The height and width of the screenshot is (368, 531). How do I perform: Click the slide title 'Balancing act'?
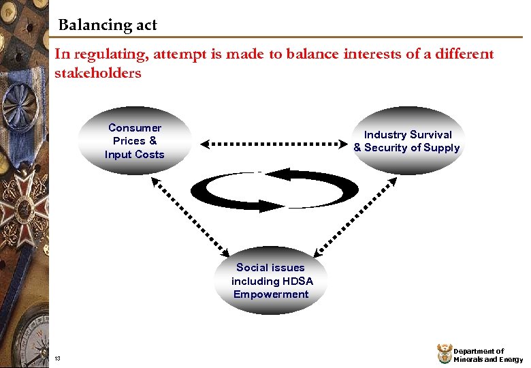[108, 26]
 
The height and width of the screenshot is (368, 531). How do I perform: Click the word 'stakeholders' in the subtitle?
[97, 73]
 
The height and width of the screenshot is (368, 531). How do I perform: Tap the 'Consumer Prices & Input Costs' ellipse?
[135, 141]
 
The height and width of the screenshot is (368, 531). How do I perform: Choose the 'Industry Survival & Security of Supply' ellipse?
[407, 141]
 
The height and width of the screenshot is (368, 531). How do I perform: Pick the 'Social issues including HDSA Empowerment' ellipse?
[271, 281]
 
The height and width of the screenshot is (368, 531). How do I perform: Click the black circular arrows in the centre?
[274, 188]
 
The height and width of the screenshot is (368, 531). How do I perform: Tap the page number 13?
[57, 359]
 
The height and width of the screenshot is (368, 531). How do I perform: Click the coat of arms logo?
[443, 354]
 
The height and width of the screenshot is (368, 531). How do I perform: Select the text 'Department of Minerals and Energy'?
[488, 355]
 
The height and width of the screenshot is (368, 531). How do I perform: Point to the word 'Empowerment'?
[271, 294]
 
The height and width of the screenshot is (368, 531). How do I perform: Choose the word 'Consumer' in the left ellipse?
[135, 128]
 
